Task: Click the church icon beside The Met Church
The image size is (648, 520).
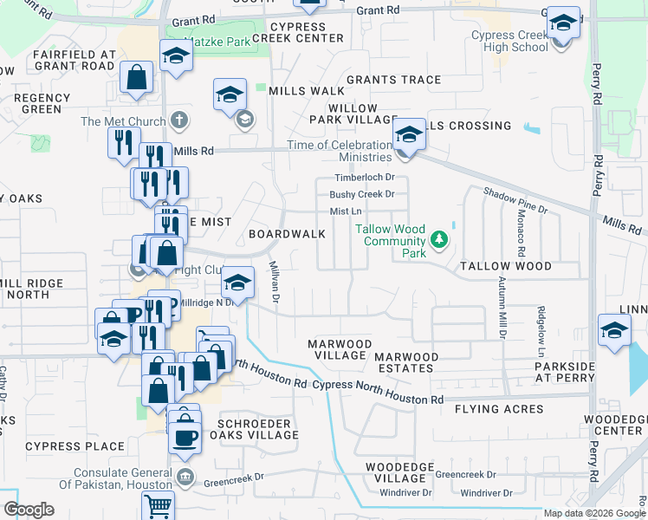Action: pos(179,120)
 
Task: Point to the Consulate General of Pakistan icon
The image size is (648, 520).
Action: pos(185,478)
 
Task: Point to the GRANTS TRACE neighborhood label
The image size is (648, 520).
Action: pos(393,80)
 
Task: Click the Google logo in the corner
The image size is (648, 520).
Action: pos(28,510)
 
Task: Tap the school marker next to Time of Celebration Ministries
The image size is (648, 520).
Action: pos(409,135)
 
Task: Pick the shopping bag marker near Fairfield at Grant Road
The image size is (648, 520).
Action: pos(138,79)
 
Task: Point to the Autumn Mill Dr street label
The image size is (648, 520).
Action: pos(502,308)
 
